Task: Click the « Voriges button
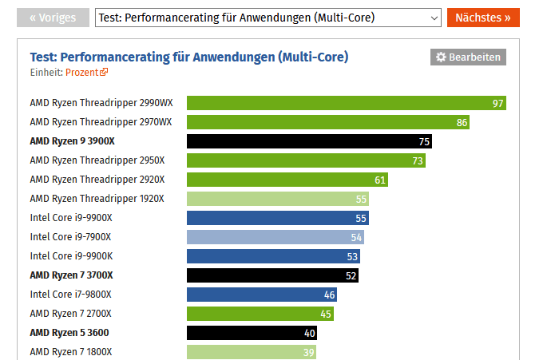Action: click(x=53, y=18)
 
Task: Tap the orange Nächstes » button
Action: click(x=482, y=18)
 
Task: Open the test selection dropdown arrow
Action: click(x=434, y=18)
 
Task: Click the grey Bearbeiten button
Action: click(x=468, y=57)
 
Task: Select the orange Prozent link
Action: click(x=86, y=72)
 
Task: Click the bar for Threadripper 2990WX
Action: click(x=346, y=103)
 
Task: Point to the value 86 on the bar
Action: click(x=462, y=122)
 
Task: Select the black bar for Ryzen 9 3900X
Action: click(x=308, y=141)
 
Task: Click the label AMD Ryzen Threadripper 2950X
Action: click(x=97, y=160)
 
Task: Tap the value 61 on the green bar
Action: click(x=380, y=180)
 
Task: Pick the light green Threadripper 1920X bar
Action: click(x=277, y=199)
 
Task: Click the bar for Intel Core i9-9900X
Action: click(x=277, y=218)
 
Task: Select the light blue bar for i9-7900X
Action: click(x=275, y=237)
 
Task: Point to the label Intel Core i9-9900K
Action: click(x=71, y=256)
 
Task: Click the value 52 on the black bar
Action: click(x=351, y=275)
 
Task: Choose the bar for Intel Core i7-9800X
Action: click(x=261, y=295)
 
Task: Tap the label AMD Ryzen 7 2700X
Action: click(x=70, y=314)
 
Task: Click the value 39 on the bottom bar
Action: click(x=309, y=352)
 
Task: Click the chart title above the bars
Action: click(x=189, y=57)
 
